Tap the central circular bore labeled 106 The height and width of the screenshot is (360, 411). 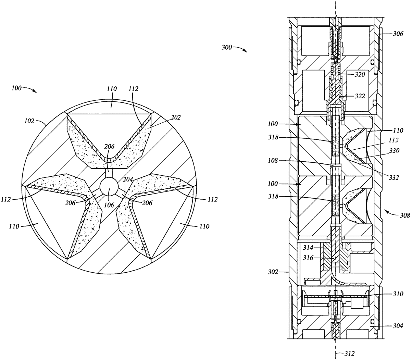coord(109,188)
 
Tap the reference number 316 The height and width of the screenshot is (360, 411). coord(307,258)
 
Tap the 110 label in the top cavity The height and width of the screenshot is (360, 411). coord(112,89)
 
